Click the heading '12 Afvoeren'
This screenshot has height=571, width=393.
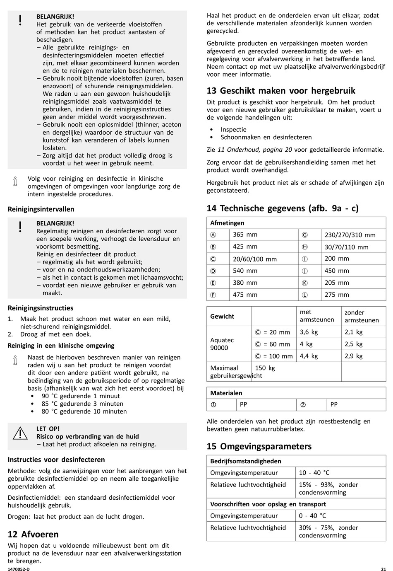(x=33, y=534)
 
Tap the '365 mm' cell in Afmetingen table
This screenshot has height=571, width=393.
(x=245, y=235)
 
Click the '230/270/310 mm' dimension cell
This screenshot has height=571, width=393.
(x=350, y=235)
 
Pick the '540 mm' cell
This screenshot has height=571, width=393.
(x=245, y=271)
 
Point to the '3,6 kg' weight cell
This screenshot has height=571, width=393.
(x=309, y=332)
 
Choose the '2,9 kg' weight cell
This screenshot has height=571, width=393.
(x=354, y=356)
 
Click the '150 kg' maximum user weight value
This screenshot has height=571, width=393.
(x=265, y=368)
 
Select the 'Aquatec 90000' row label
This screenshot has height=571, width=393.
(x=222, y=344)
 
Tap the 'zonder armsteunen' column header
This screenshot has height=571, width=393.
(x=362, y=316)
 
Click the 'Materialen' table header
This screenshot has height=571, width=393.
(x=226, y=393)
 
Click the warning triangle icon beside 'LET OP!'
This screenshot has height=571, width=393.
(x=20, y=433)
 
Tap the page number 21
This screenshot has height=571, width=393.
(x=383, y=569)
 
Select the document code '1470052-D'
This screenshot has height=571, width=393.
(x=19, y=569)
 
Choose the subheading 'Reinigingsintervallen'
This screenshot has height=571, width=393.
(x=41, y=209)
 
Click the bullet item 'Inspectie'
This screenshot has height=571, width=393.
(x=233, y=130)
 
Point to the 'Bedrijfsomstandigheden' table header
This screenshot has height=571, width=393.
(x=246, y=461)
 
